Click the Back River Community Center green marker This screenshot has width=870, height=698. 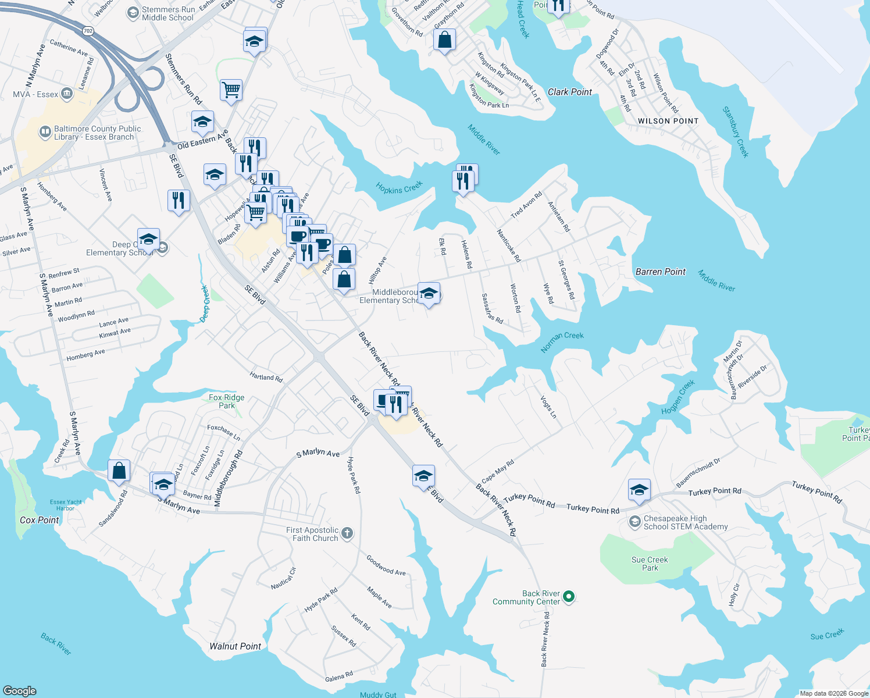click(x=569, y=597)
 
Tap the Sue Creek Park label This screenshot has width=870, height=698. click(x=650, y=564)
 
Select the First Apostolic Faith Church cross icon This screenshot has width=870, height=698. click(x=347, y=533)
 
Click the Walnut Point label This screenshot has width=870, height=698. click(x=235, y=646)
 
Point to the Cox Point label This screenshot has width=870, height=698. click(x=40, y=520)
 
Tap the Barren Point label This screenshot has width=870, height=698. click(x=661, y=272)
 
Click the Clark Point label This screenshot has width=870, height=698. click(x=570, y=92)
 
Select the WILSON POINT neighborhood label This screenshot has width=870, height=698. click(x=668, y=121)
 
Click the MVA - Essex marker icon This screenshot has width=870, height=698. click(x=67, y=94)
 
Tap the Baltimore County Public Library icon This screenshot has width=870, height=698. click(x=45, y=132)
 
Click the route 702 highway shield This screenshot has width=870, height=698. click(x=88, y=31)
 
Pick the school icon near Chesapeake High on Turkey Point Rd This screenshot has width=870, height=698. click(x=639, y=490)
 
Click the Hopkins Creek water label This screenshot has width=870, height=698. click(x=399, y=188)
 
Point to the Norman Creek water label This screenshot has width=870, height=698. click(x=562, y=342)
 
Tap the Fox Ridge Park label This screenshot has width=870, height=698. click(x=226, y=401)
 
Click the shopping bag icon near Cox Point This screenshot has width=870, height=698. click(x=119, y=471)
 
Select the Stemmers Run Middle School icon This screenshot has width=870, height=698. click(x=133, y=13)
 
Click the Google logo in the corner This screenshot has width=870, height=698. click(x=19, y=690)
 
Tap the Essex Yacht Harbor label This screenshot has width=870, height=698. click(x=66, y=505)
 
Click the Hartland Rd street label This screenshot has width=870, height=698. click(x=266, y=378)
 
